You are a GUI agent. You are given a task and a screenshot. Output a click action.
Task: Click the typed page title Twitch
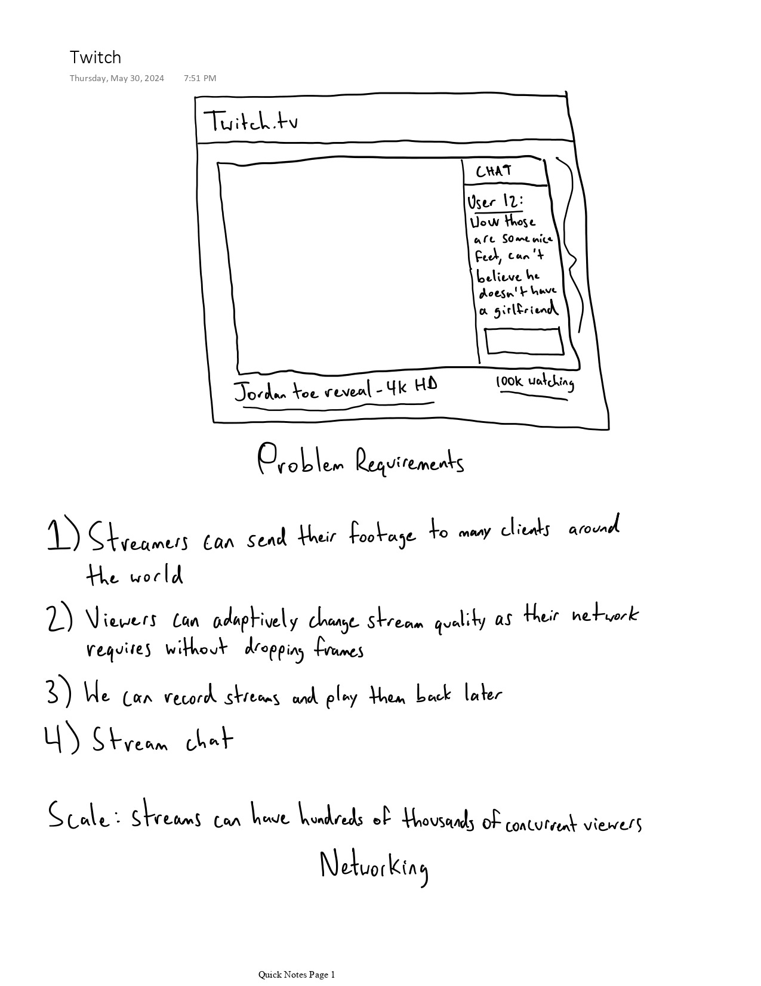pos(95,57)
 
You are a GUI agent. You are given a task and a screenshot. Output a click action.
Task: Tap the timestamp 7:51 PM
pos(200,78)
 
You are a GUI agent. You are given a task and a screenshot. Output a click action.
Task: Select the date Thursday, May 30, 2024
pos(116,78)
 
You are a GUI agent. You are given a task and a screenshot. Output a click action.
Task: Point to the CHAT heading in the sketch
pos(494,171)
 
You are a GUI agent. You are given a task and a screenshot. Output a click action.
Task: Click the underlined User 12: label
pos(495,202)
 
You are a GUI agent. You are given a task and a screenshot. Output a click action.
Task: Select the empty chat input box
pos(524,341)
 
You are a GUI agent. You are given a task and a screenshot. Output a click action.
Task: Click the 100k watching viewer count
pos(534,383)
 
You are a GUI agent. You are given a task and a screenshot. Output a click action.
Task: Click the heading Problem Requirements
pos(361,461)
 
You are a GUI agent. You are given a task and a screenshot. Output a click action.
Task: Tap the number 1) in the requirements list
pos(62,535)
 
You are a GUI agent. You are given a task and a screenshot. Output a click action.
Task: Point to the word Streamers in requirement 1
pos(138,539)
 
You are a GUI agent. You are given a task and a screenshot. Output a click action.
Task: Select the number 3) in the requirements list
pos(58,693)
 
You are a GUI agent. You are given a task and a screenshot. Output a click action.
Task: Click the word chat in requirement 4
pos(209,741)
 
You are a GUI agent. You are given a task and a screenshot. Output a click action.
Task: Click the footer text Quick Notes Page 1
pos(297,975)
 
